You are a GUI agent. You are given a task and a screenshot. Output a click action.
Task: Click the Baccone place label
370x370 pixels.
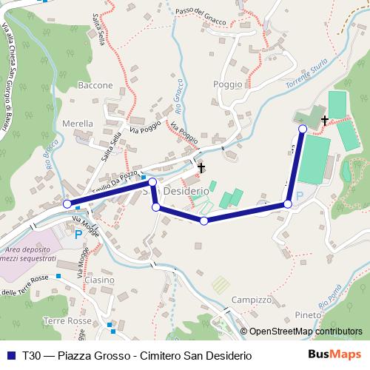[95, 85]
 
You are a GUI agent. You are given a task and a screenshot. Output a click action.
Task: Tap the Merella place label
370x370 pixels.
[78, 123]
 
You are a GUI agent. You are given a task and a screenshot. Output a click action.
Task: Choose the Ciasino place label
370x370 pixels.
[99, 280]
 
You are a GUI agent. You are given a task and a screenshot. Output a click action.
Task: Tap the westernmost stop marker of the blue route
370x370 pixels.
[67, 204]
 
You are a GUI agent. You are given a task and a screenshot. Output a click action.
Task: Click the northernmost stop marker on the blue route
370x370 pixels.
[302, 129]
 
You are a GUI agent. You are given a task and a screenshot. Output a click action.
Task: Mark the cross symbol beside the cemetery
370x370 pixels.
[324, 119]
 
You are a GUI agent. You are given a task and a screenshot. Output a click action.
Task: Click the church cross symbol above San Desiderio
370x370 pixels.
[201, 168]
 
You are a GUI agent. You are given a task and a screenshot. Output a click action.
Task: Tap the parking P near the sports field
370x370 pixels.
[299, 196]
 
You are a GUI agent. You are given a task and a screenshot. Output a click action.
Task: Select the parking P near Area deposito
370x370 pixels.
[78, 234]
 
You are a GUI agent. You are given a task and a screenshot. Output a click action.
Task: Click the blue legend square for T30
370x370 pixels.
[10, 355]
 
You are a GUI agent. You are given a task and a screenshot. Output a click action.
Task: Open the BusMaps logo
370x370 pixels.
[340, 354]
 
